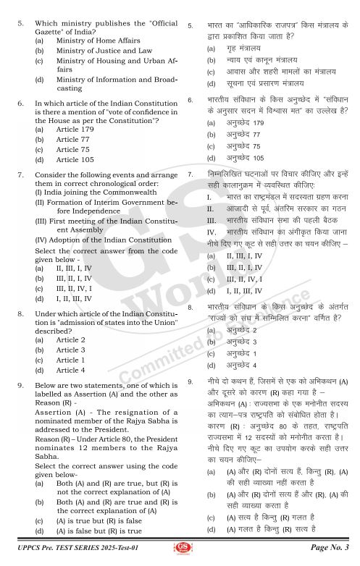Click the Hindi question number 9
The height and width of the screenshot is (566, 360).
click(x=190, y=380)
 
